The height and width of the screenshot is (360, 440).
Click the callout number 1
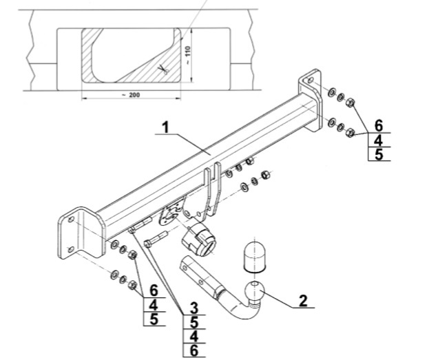(x=165, y=127)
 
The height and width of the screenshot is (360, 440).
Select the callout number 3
(x=195, y=307)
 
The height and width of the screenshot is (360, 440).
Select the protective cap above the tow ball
(x=256, y=258)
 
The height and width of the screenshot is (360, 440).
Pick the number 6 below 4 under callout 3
(x=195, y=350)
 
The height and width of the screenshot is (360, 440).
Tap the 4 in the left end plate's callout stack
(x=154, y=305)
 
